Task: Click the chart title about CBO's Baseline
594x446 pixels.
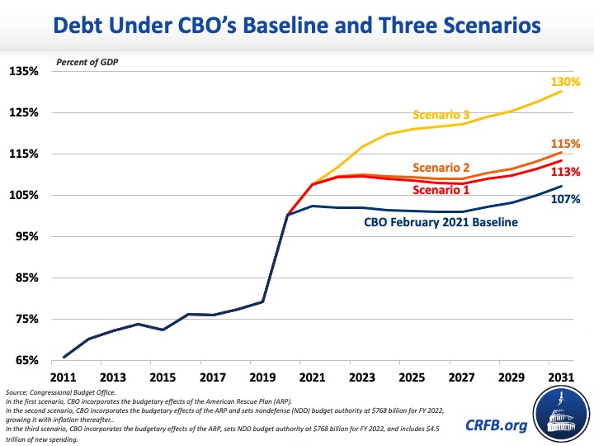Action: click(x=297, y=26)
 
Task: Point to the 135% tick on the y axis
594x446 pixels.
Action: click(x=24, y=71)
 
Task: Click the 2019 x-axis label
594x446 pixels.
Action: click(x=263, y=376)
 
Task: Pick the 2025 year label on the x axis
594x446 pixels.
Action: click(x=412, y=376)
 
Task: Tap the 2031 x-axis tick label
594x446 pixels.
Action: click(x=561, y=376)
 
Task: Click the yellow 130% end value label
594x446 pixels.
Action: click(x=567, y=82)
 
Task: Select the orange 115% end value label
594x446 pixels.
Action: click(x=567, y=143)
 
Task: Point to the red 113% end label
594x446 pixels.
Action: click(x=567, y=172)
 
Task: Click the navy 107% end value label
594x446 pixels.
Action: click(x=567, y=199)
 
